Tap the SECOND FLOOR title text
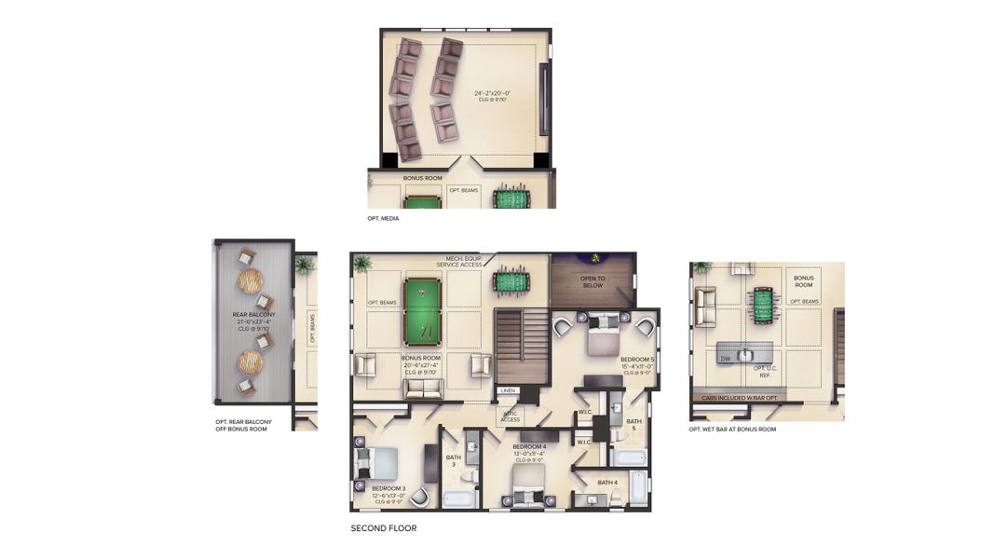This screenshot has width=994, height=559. pyautogui.click(x=383, y=528)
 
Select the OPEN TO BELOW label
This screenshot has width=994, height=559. pyautogui.click(x=592, y=282)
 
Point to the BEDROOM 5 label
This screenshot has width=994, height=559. pyautogui.click(x=637, y=359)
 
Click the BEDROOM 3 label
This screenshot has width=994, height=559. pyautogui.click(x=388, y=488)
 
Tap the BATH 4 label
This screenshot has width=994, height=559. pyautogui.click(x=607, y=482)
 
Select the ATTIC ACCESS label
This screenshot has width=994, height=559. pyautogui.click(x=510, y=416)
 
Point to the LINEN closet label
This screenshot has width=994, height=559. pyautogui.click(x=508, y=390)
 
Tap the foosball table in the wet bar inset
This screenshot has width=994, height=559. pyautogui.click(x=761, y=302)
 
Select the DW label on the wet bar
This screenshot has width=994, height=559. pyautogui.click(x=725, y=358)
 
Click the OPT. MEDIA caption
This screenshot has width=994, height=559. pyautogui.click(x=383, y=218)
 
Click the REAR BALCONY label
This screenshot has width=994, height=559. pyautogui.click(x=252, y=316)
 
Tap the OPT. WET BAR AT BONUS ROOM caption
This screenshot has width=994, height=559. pyautogui.click(x=732, y=429)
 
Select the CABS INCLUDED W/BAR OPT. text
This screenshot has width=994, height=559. pyautogui.click(x=744, y=398)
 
